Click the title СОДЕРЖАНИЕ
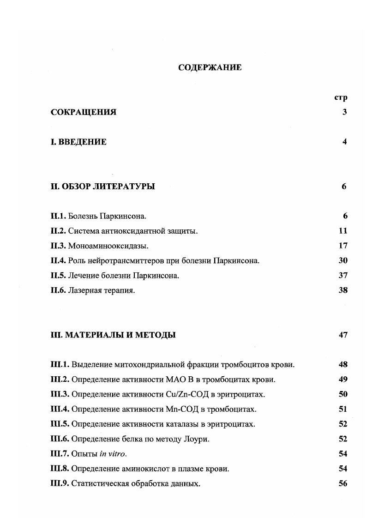(210, 67)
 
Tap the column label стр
(340, 97)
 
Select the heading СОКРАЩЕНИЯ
(84, 112)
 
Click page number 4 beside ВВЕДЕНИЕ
(344, 142)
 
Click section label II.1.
(58, 216)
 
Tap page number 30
(342, 260)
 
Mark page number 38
(342, 290)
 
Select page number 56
(342, 483)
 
